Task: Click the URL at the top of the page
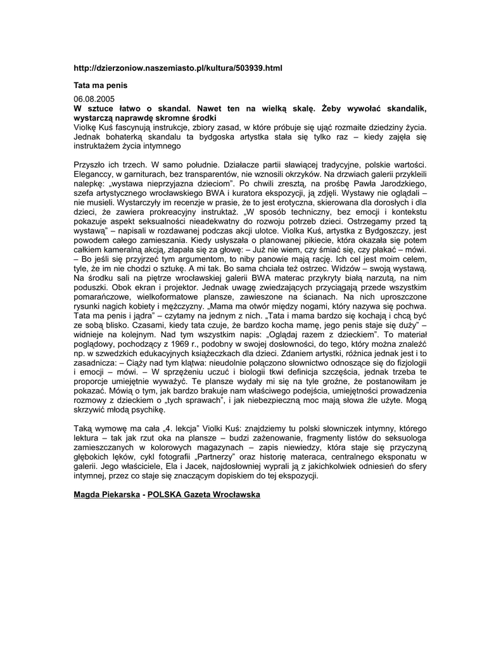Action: [178, 68]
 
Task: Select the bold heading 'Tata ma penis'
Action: [101, 84]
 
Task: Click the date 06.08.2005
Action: [94, 100]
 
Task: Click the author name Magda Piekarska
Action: [106, 495]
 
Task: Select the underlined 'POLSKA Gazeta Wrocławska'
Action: [204, 495]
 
